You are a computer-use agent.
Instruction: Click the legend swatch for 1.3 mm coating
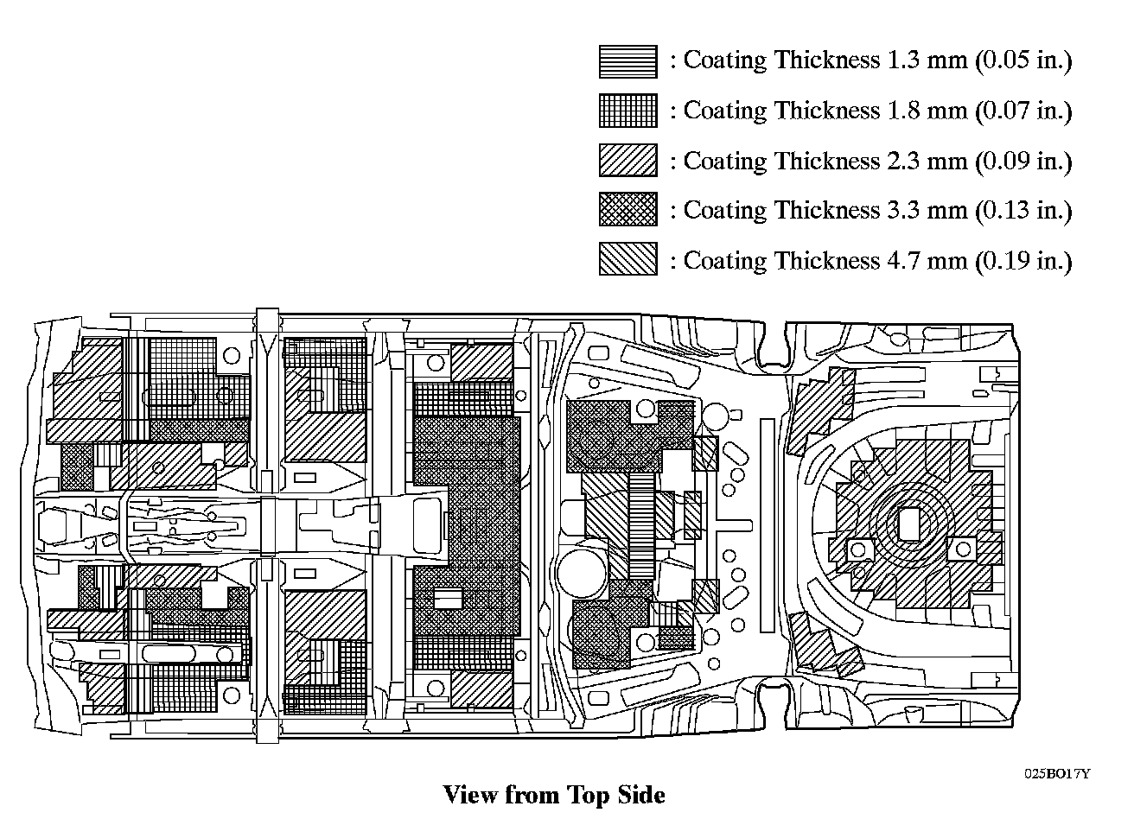[x=628, y=61]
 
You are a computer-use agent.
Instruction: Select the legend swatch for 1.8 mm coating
[x=628, y=111]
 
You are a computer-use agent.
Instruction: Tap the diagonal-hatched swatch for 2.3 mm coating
[x=628, y=161]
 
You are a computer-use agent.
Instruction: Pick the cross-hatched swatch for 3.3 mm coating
[x=628, y=210]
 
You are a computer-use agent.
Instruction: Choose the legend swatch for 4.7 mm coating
[x=628, y=259]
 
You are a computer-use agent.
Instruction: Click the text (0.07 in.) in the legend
[x=1023, y=111]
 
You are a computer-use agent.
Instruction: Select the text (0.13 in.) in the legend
[x=1023, y=210]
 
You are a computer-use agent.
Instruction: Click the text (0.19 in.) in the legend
[x=1023, y=260]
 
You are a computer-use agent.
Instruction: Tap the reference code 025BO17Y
[x=1057, y=773]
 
